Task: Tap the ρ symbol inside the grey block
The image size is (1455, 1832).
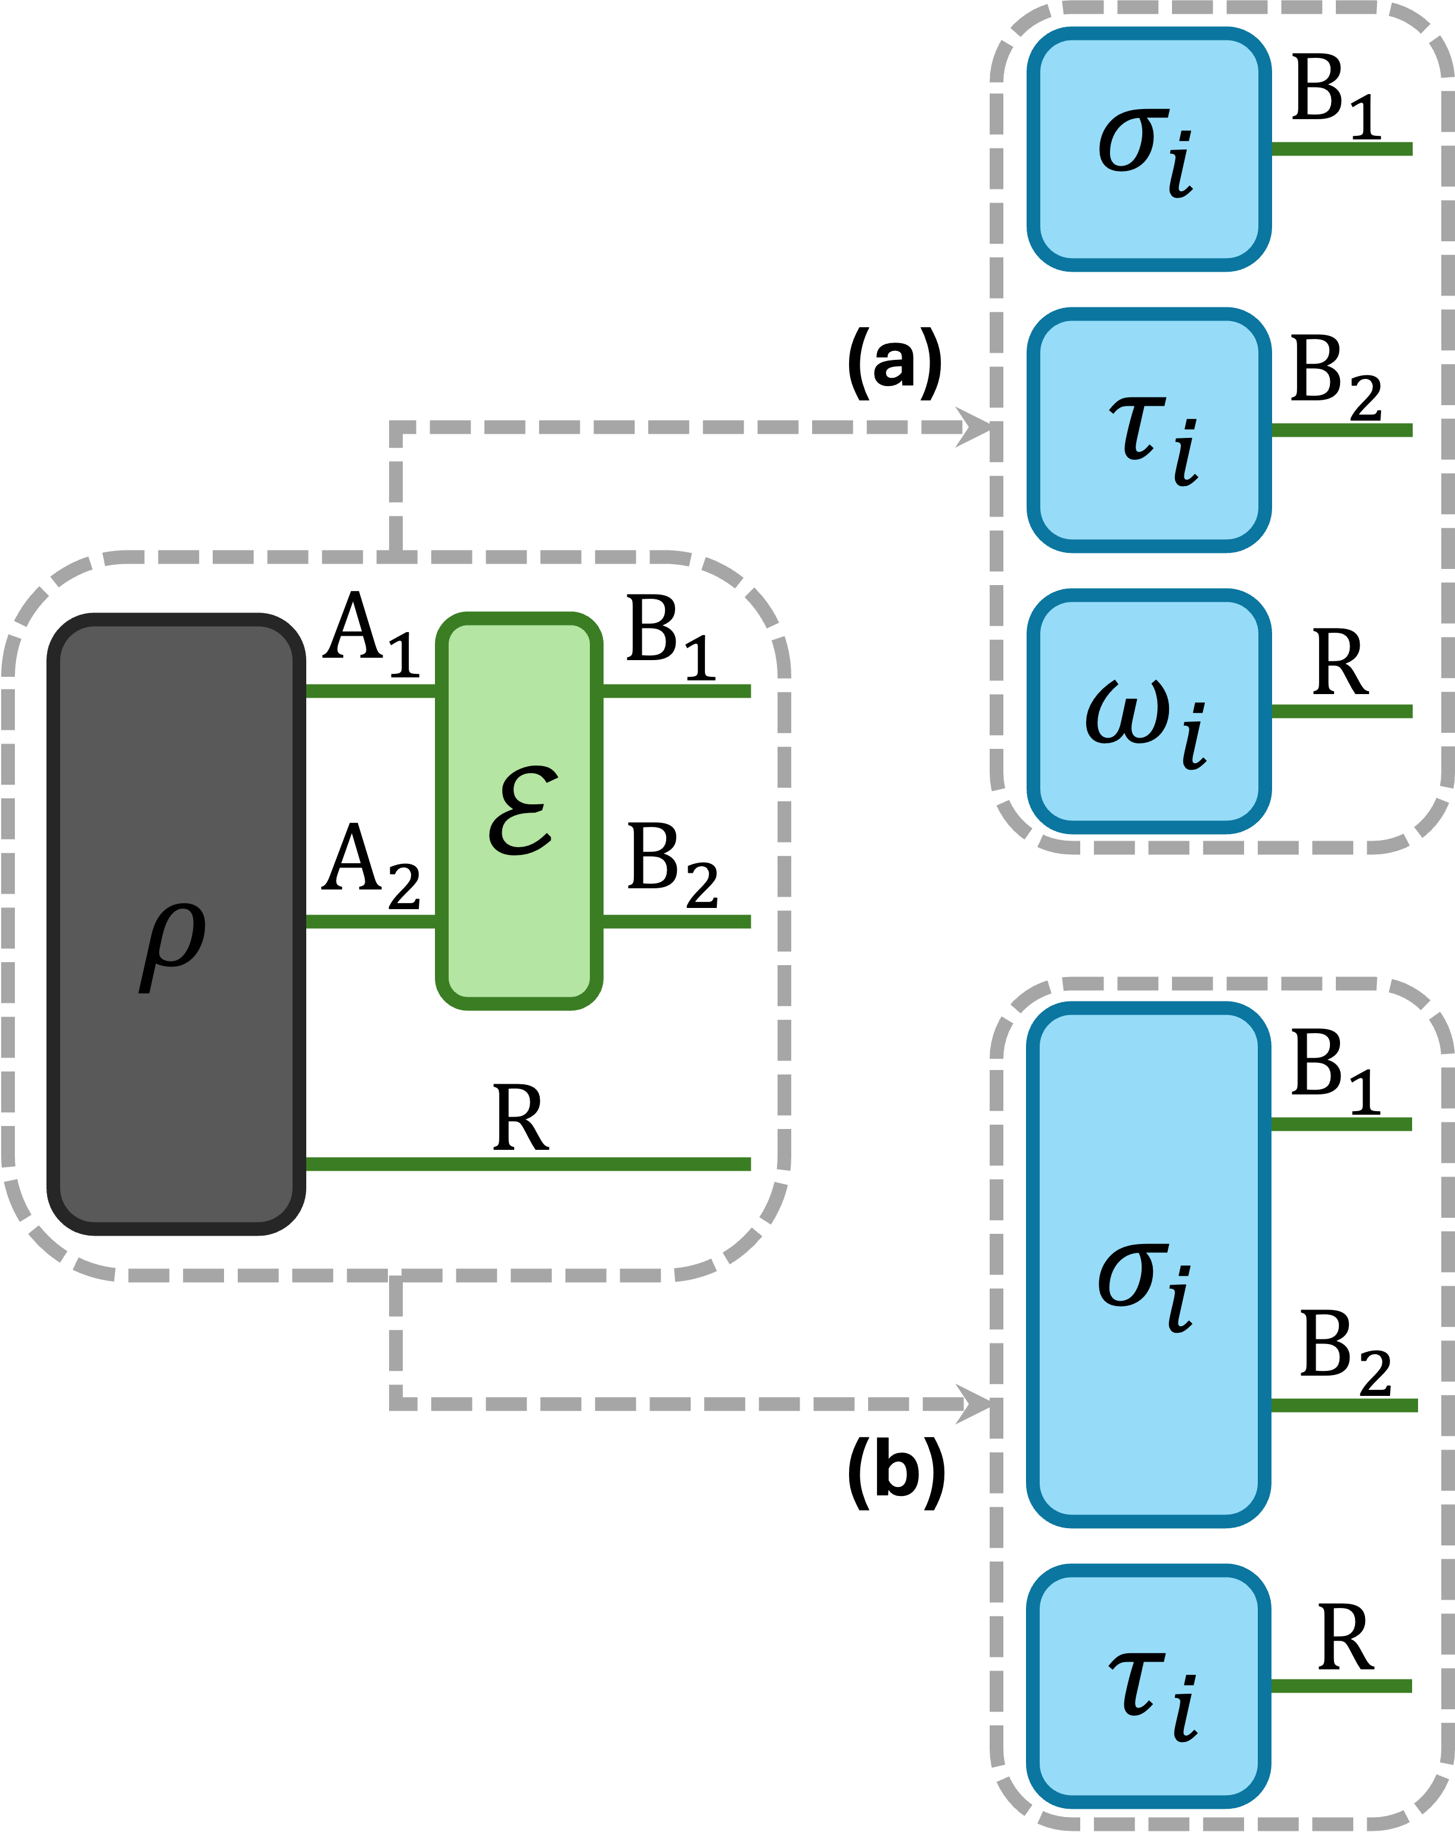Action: tap(173, 944)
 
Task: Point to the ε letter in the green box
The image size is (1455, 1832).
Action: tap(523, 811)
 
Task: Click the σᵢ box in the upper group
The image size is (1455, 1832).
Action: tap(1148, 150)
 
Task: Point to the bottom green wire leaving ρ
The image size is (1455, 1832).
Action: tap(527, 1164)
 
